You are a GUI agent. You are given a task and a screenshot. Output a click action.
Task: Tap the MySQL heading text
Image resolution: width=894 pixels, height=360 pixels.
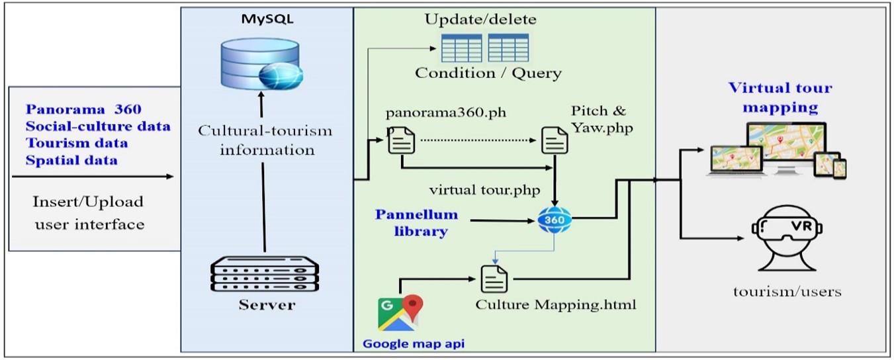click(x=267, y=19)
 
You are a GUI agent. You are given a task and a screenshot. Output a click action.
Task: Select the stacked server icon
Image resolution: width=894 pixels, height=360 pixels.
click(x=265, y=275)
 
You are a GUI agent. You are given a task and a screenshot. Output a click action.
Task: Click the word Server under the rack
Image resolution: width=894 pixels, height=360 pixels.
click(x=267, y=305)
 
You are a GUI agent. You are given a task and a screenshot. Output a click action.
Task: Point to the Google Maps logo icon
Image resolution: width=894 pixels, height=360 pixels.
click(x=400, y=313)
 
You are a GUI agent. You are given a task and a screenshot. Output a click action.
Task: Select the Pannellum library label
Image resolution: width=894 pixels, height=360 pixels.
click(x=417, y=223)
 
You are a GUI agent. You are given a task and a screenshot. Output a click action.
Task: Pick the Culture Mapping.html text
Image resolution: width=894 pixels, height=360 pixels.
click(x=556, y=306)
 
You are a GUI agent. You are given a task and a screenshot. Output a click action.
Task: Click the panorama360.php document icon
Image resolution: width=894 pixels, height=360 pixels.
click(x=401, y=140)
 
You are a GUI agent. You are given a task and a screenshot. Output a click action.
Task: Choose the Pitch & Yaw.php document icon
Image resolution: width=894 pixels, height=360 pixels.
click(x=555, y=140)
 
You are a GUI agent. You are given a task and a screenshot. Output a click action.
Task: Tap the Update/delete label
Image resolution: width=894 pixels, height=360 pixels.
click(x=480, y=19)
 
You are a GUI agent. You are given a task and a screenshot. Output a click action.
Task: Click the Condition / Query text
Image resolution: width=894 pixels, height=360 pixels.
click(x=488, y=73)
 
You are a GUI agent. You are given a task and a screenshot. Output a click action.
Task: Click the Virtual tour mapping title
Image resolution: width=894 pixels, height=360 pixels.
click(x=780, y=97)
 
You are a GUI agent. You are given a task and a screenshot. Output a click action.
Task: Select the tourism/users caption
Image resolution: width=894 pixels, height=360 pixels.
click(x=787, y=291)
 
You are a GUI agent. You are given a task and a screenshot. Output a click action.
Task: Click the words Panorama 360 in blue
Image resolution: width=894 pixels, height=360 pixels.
click(x=83, y=109)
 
